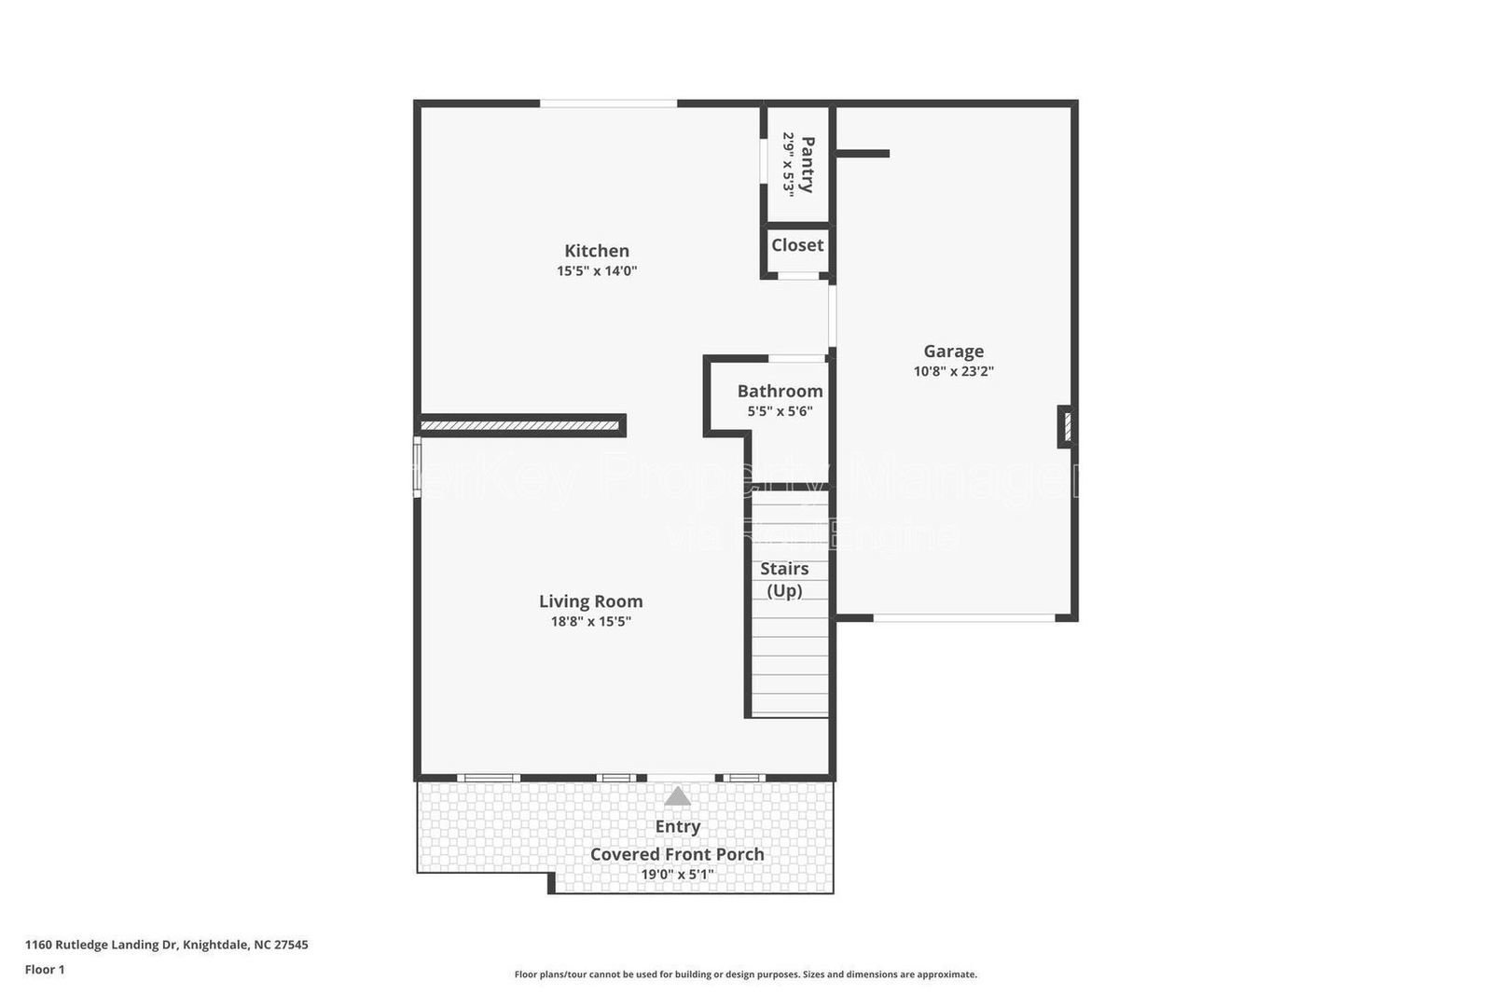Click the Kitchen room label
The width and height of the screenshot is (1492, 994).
point(597,251)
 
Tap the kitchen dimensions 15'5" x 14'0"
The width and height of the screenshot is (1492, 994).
point(597,271)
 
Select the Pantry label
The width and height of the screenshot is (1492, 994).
point(807,164)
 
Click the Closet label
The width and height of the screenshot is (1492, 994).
point(797,245)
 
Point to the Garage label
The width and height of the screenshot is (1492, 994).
point(953,352)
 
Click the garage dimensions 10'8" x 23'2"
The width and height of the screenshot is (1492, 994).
point(953,371)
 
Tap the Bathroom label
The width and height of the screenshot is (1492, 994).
point(780,392)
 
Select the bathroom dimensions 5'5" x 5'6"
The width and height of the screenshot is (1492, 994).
point(780,411)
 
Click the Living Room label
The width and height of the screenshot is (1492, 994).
point(590,601)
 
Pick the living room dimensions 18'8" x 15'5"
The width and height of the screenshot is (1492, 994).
point(590,622)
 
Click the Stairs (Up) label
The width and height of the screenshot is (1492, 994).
point(784,579)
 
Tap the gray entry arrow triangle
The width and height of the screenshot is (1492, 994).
point(678,796)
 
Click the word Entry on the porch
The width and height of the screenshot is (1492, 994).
point(678,826)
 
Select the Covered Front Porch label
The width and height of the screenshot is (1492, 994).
point(677,854)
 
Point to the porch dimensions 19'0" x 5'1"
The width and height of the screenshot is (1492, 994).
point(677,875)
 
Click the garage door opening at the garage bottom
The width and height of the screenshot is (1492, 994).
point(964,617)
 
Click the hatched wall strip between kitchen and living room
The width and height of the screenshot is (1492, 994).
point(520,426)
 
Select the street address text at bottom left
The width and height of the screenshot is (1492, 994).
point(166,945)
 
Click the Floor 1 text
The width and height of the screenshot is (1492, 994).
point(45,970)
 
